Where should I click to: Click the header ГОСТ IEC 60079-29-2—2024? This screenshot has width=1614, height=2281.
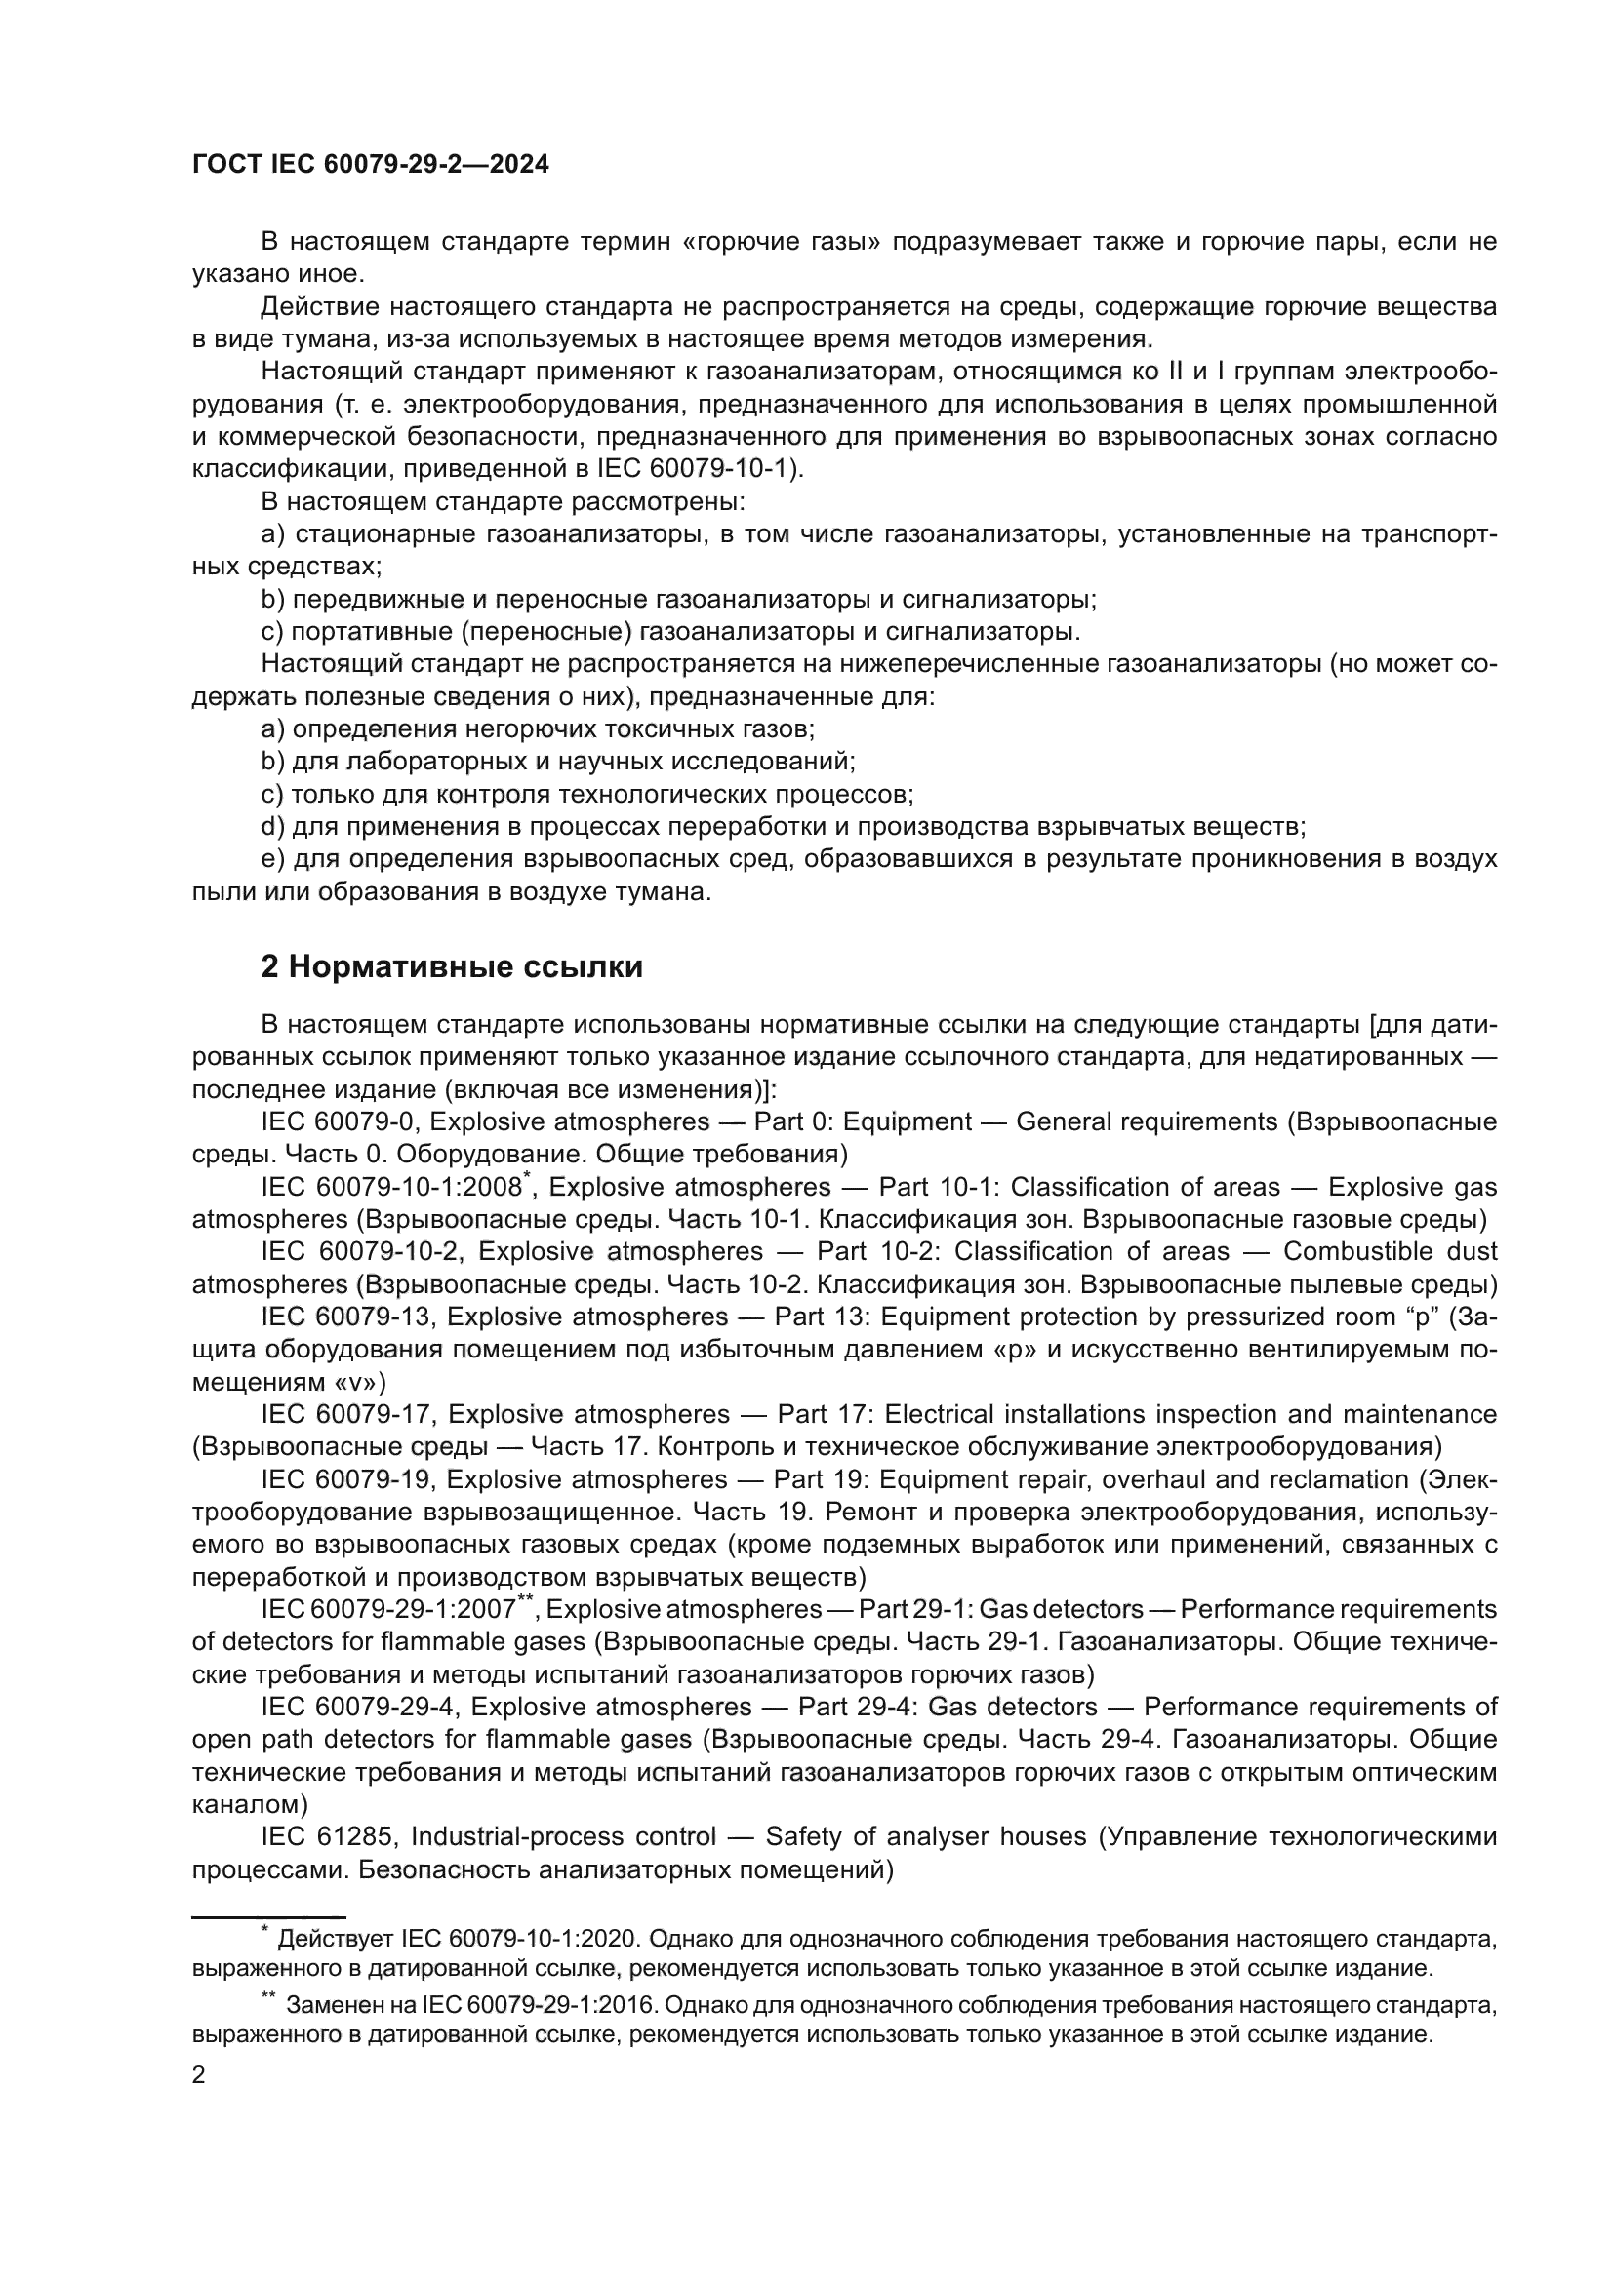(370, 165)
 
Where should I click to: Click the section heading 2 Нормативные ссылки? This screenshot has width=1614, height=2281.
(451, 966)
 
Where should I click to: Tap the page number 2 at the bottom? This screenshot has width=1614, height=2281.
(199, 2075)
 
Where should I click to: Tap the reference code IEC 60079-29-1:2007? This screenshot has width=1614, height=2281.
(388, 1609)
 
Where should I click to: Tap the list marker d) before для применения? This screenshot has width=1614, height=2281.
(272, 827)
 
